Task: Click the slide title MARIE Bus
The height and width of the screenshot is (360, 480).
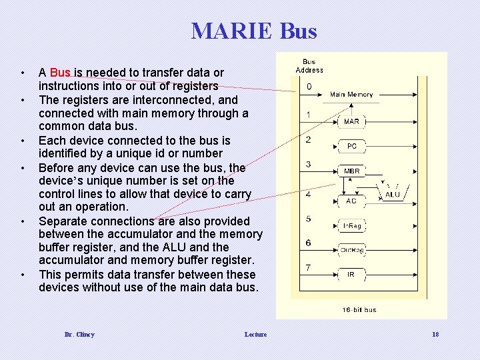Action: point(254,31)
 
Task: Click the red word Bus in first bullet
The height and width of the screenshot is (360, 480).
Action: point(60,72)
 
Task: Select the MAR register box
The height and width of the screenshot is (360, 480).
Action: point(351,121)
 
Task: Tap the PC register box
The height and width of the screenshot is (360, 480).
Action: point(351,146)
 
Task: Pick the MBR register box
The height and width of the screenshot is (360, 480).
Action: point(351,171)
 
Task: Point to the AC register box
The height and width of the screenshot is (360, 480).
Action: point(351,200)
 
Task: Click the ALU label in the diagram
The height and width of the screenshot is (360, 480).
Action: point(393,195)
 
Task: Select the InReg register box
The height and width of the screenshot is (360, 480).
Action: point(351,226)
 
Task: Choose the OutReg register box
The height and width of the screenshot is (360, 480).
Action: point(351,250)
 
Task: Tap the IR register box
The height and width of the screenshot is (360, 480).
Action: point(351,274)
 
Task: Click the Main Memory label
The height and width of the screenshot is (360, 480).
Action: point(351,95)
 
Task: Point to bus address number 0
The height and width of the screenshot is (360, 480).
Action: point(309,87)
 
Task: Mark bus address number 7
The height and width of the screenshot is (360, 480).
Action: point(308,268)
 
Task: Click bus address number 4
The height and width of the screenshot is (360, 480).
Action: point(308,195)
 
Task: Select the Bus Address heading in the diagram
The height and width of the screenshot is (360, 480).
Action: point(309,66)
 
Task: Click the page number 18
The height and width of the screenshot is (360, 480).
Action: point(435,334)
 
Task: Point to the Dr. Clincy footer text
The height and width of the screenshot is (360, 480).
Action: point(79,334)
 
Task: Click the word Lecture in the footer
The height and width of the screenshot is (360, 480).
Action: point(255,334)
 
